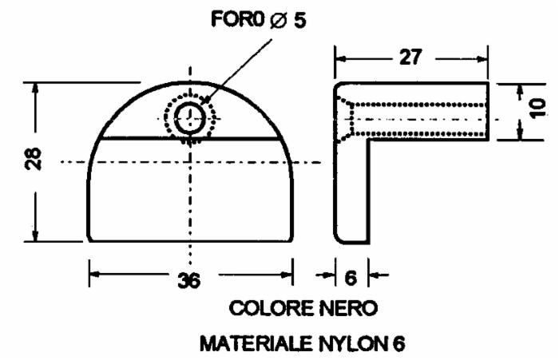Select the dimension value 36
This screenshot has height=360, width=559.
click(188, 280)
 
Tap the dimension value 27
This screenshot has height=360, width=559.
click(411, 58)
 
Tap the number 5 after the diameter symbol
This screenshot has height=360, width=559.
click(300, 19)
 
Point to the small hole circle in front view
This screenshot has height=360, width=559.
click(189, 120)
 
